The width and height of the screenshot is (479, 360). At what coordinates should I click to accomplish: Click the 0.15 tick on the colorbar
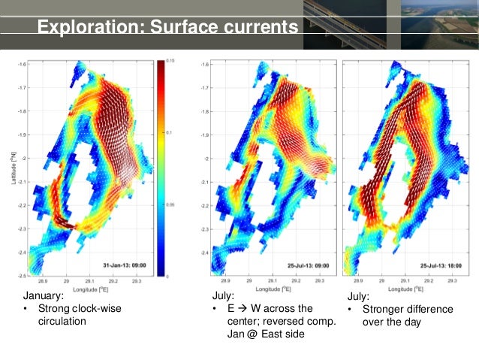coord(170,61)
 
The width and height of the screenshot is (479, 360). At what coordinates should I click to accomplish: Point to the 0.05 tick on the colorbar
coord(170,204)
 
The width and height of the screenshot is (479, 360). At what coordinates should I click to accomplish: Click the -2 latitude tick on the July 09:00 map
coord(204,159)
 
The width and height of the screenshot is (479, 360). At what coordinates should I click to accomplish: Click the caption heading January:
coord(43,297)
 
